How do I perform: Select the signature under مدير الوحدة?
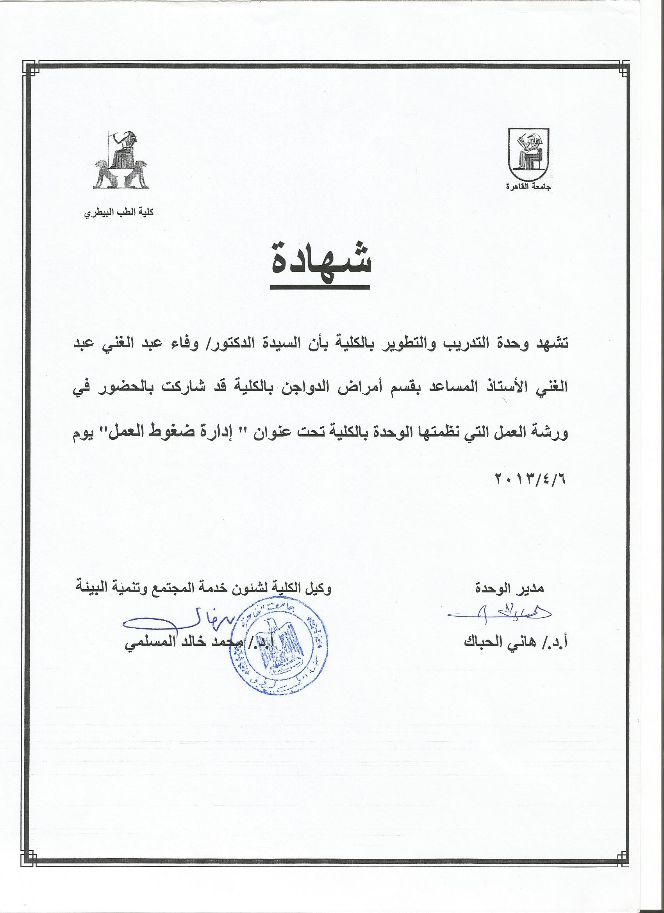coord(499,625)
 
